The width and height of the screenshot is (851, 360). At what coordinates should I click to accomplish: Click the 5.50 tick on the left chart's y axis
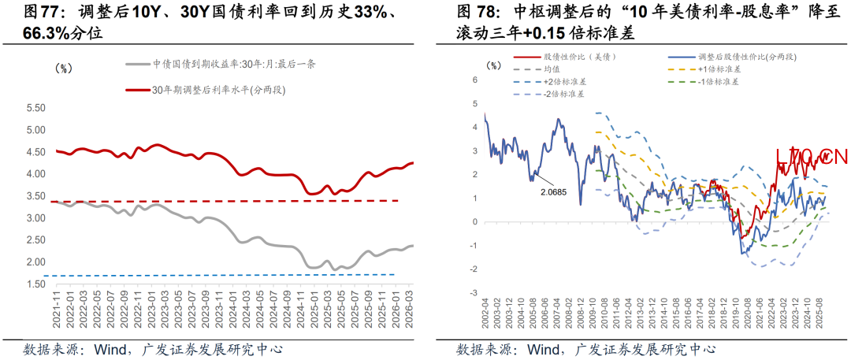click(35, 108)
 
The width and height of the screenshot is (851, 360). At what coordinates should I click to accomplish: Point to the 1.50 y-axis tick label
click(35, 284)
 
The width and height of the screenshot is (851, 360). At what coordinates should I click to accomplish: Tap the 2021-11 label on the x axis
click(56, 309)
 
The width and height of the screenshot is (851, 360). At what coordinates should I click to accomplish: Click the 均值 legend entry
click(552, 69)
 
